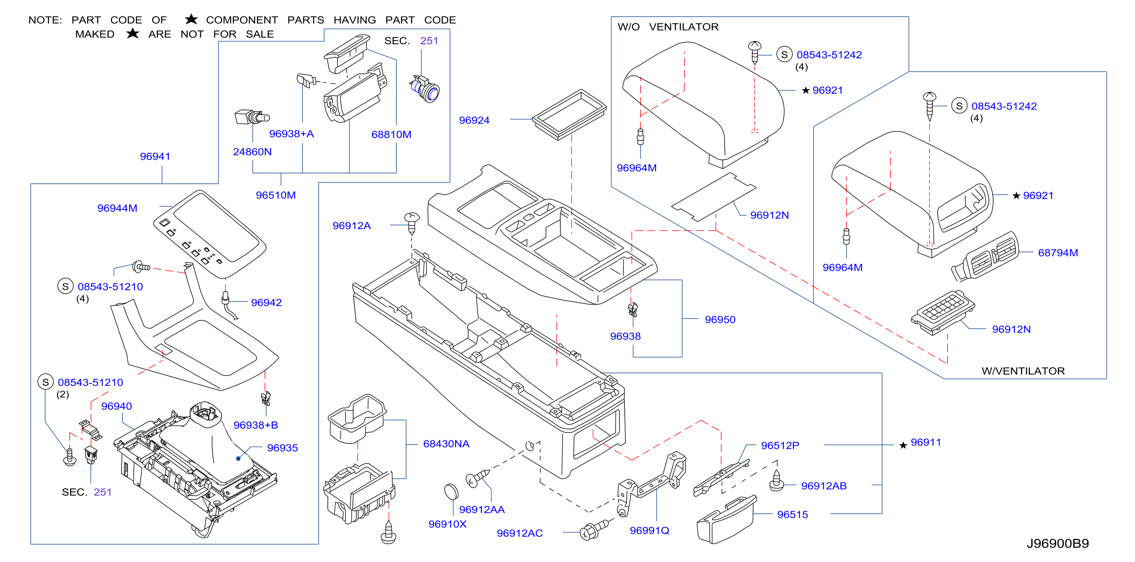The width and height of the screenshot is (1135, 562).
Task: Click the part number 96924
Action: [474, 120]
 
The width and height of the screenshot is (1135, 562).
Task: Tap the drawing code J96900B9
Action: [1057, 543]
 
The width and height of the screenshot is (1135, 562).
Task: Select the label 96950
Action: [720, 320]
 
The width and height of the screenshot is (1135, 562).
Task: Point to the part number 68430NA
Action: [446, 444]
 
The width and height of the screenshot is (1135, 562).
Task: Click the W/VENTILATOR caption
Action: [1023, 371]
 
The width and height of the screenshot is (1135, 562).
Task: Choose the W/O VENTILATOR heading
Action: [668, 27]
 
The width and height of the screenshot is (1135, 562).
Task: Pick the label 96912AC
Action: [520, 533]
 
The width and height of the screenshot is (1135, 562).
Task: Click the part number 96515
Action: [793, 515]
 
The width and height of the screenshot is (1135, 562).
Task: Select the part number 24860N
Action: [253, 151]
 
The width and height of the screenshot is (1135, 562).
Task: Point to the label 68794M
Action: [1058, 253]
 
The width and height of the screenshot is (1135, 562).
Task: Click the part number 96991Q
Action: [649, 531]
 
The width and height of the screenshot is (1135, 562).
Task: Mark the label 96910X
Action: [447, 524]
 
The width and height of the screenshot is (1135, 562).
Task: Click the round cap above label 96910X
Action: [451, 492]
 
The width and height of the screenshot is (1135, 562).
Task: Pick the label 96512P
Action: [780, 446]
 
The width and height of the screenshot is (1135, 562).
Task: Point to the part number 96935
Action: [282, 448]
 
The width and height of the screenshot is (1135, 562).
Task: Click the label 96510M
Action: [276, 195]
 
